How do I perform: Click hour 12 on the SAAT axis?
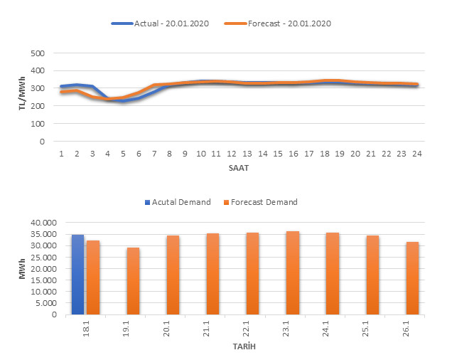tap(232, 154)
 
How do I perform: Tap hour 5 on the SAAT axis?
tap(123, 154)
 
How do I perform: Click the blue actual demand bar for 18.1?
tap(77, 275)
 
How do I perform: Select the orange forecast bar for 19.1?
tap(133, 281)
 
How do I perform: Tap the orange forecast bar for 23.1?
tap(293, 272)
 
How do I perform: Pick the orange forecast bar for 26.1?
tap(412, 278)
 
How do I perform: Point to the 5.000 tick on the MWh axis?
tap(49, 303)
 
